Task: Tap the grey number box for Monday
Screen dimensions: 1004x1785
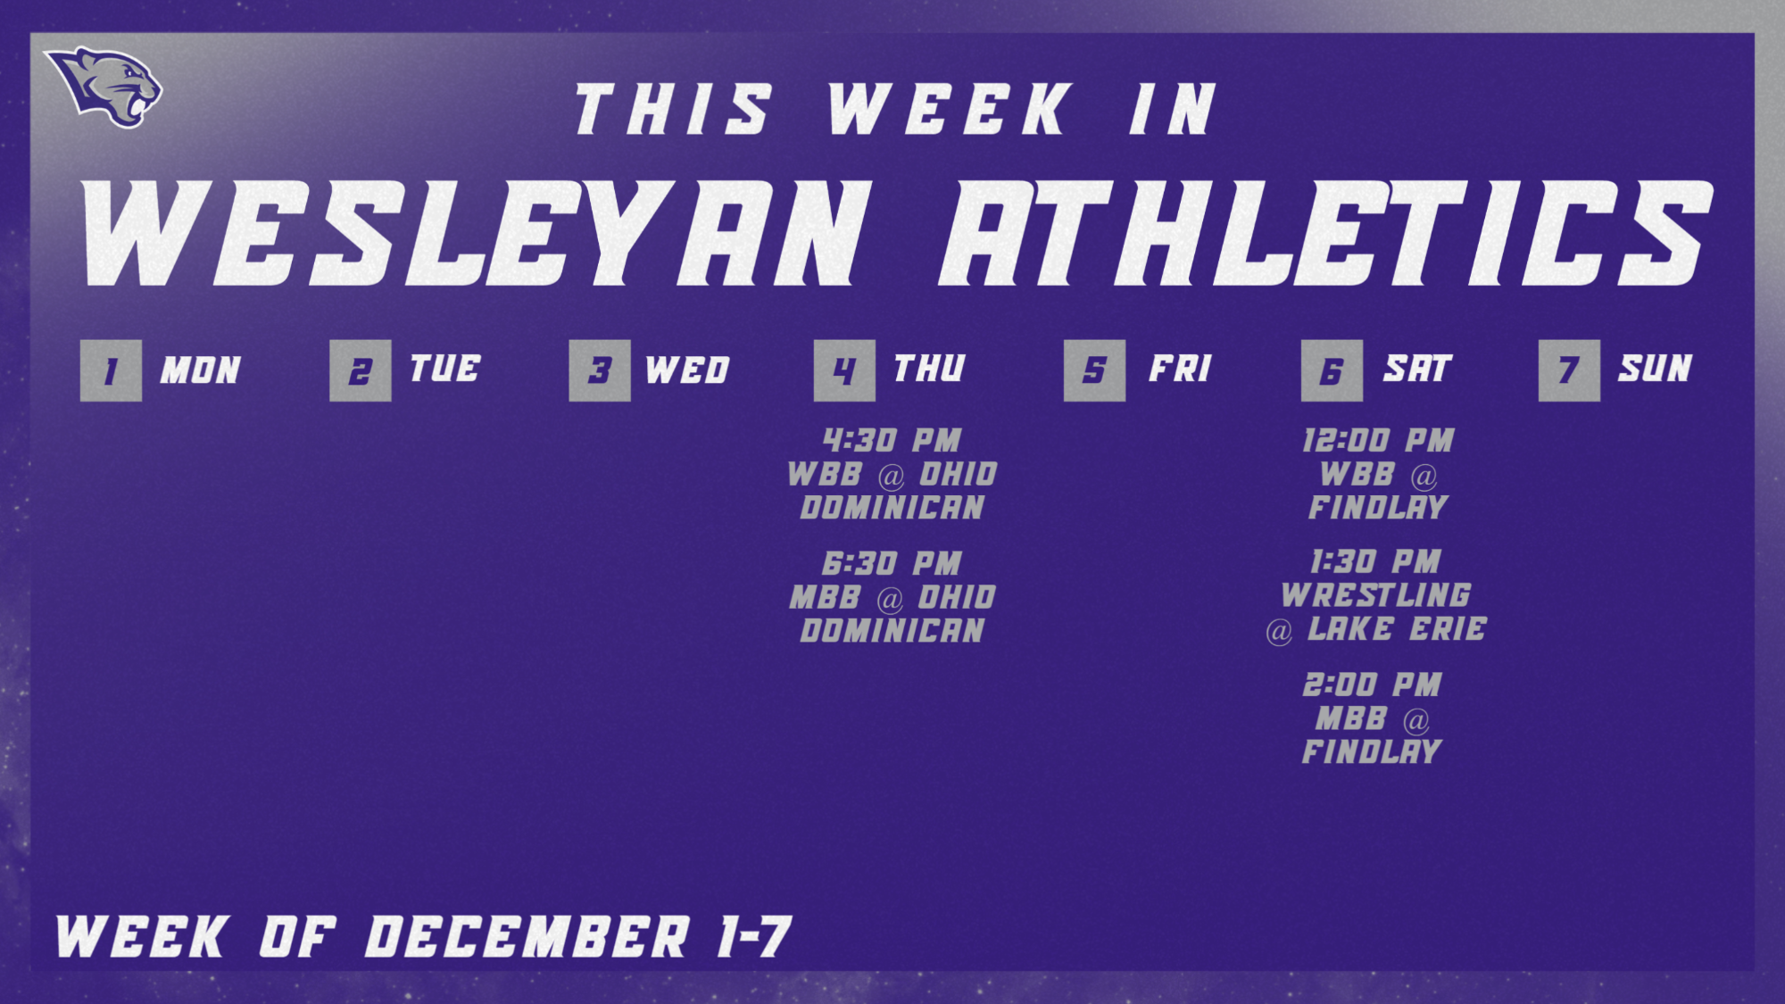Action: coord(111,370)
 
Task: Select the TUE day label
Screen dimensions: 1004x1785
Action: coord(444,369)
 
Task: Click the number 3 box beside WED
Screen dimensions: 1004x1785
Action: coord(600,370)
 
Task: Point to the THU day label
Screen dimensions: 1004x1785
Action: coord(929,369)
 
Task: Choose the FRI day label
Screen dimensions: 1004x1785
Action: coord(1180,369)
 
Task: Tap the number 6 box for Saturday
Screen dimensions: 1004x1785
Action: coord(1332,370)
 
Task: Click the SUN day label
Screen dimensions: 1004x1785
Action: coord(1656,369)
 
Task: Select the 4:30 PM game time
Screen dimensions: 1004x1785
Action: coord(892,440)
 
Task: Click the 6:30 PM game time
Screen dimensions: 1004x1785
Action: coord(892,563)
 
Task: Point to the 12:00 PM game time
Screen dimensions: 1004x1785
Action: coord(1378,440)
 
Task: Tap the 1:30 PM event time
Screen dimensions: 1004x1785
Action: coord(1375,562)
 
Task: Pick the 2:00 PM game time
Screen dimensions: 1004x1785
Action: coord(1372,685)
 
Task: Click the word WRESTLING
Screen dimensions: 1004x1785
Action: coord(1375,595)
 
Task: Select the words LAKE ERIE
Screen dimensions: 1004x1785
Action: coord(1397,629)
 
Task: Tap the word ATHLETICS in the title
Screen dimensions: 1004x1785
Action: coord(1325,234)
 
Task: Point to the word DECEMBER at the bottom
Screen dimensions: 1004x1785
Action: coord(527,937)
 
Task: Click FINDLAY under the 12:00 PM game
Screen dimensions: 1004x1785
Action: coord(1378,508)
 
